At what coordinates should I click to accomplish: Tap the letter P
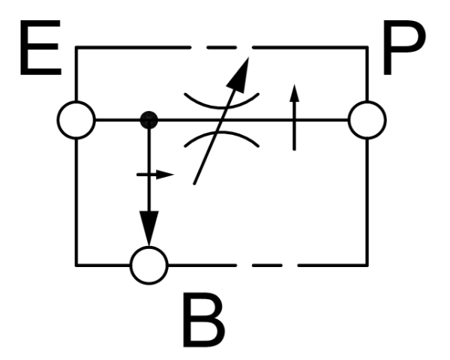click(x=408, y=51)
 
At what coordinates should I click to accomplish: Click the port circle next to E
click(x=76, y=119)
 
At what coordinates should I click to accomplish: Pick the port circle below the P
click(x=367, y=119)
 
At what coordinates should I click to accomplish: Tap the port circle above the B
click(x=149, y=264)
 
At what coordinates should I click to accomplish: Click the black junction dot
click(x=149, y=119)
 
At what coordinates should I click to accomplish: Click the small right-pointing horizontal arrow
click(x=156, y=175)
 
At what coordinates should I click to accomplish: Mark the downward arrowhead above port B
click(x=149, y=229)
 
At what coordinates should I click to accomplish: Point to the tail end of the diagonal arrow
click(x=195, y=181)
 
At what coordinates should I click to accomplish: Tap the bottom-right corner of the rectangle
click(x=367, y=264)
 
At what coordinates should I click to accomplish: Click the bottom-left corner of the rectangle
click(x=76, y=264)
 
